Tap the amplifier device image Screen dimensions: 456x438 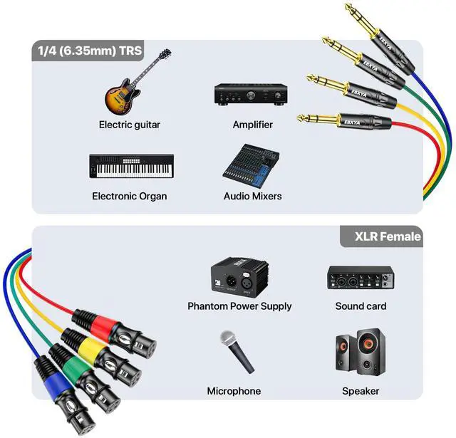[x=252, y=95]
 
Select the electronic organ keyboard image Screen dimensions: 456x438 [x=131, y=166]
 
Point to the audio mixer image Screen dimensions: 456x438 [x=251, y=166]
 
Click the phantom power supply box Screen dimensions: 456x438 [x=239, y=277]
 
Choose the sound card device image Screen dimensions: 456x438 [x=361, y=278]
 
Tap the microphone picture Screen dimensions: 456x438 [x=237, y=352]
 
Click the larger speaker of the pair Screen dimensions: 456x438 [x=371, y=352]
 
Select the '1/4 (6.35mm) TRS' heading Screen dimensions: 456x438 [x=90, y=51]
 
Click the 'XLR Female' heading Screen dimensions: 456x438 [x=388, y=236]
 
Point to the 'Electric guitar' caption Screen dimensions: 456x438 [x=130, y=125]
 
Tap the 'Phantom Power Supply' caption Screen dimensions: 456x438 [x=239, y=306]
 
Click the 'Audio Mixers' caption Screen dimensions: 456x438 [x=252, y=196]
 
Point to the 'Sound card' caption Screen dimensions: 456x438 [x=361, y=306]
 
